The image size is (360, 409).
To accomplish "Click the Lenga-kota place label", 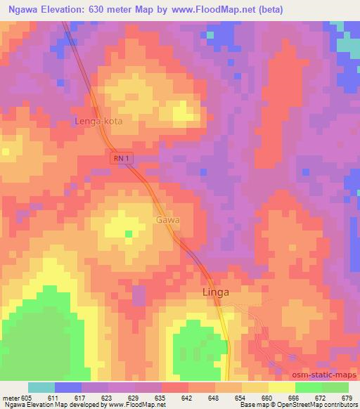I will (x=98, y=122).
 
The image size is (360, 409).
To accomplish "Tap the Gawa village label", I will (x=169, y=220).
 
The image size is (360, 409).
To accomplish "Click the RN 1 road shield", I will (x=121, y=160).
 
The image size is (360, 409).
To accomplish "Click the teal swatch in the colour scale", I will (x=41, y=387).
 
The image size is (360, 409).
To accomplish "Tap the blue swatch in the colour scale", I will (x=68, y=387).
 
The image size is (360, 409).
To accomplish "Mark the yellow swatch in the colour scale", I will (x=282, y=387).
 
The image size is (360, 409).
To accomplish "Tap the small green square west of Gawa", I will (x=128, y=233).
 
